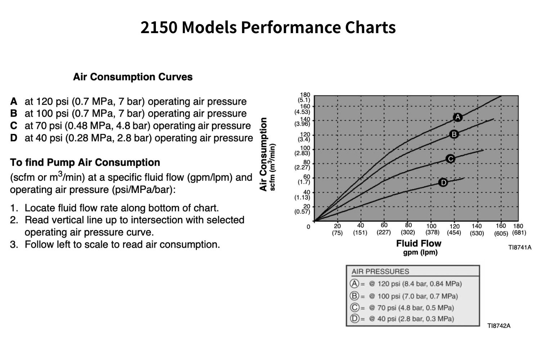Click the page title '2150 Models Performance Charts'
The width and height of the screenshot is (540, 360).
[x=268, y=27]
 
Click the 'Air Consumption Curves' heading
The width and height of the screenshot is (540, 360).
[x=132, y=77]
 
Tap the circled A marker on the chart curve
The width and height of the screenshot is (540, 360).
[x=458, y=117]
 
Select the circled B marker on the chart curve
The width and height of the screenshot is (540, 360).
[x=454, y=134]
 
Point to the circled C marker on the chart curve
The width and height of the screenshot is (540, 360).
[x=450, y=159]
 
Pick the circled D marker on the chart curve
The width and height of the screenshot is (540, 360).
[x=443, y=183]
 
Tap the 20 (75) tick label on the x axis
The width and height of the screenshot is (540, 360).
[x=337, y=230]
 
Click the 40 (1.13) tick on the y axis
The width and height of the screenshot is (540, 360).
[x=303, y=195]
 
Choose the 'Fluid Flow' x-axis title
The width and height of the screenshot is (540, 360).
[x=419, y=244]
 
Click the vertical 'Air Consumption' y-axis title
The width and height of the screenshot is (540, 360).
[x=264, y=154]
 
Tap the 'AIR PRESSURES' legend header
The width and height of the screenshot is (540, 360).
[x=380, y=271]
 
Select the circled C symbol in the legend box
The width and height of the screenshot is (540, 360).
[x=355, y=307]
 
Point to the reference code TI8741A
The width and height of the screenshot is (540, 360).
[x=519, y=247]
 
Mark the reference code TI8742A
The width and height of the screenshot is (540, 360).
[x=499, y=326]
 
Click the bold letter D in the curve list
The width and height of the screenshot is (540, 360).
[x=14, y=138]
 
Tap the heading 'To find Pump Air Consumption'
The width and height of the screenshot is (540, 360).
[x=85, y=162]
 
